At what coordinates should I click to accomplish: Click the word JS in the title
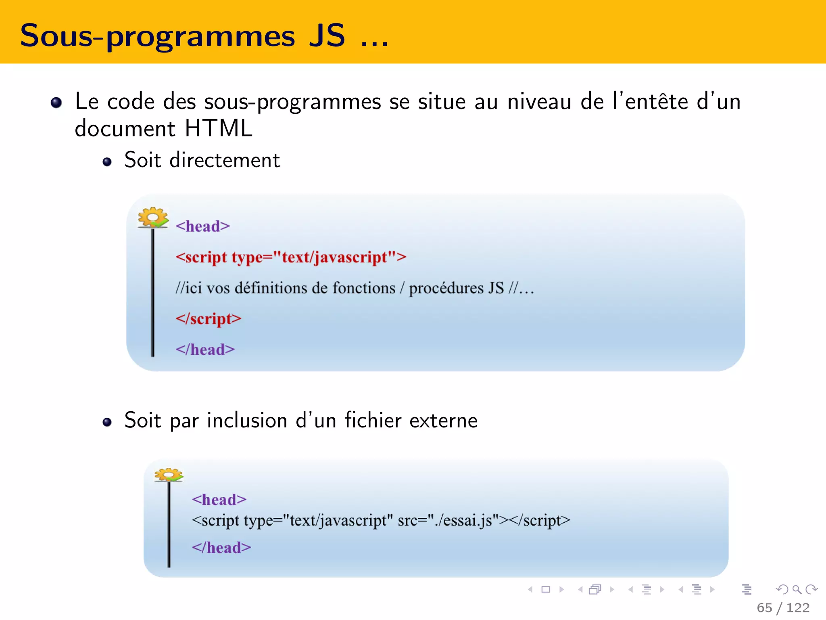(x=327, y=36)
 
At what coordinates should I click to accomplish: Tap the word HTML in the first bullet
(x=218, y=129)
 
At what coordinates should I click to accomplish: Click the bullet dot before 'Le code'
(x=56, y=103)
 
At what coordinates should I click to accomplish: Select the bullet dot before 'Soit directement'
(x=107, y=162)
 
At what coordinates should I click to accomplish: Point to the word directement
(x=224, y=160)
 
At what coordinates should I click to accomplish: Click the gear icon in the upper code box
(x=153, y=218)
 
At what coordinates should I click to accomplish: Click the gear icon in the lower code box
(x=169, y=475)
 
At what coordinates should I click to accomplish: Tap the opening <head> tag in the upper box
(x=202, y=226)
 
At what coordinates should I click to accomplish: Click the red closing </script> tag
(x=208, y=319)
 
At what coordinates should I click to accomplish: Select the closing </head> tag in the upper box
(x=205, y=350)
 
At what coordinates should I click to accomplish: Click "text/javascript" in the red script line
(x=335, y=257)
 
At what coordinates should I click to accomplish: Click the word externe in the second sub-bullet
(x=443, y=421)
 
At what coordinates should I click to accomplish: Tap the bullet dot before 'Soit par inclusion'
(x=107, y=422)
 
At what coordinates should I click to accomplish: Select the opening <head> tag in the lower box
(x=219, y=500)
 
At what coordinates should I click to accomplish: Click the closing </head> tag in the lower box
(x=221, y=548)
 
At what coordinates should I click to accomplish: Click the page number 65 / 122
(x=783, y=607)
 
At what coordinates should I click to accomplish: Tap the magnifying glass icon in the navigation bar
(x=797, y=590)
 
